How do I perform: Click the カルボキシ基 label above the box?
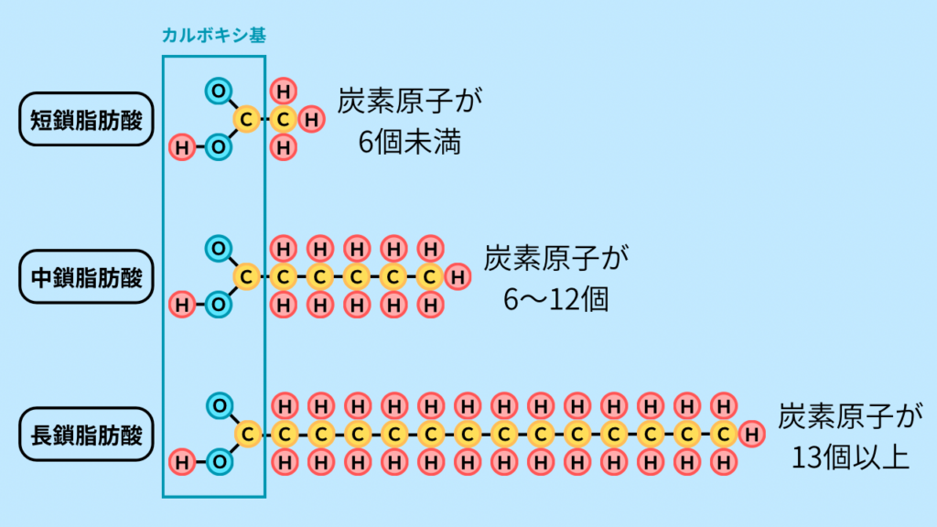point(213,35)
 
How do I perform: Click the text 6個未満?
point(410,143)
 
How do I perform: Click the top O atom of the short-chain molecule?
point(218,91)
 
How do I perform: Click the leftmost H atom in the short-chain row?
point(182,146)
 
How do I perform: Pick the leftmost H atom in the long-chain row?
point(182,461)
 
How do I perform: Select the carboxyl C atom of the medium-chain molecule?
point(245,275)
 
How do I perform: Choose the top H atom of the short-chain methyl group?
point(285,91)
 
